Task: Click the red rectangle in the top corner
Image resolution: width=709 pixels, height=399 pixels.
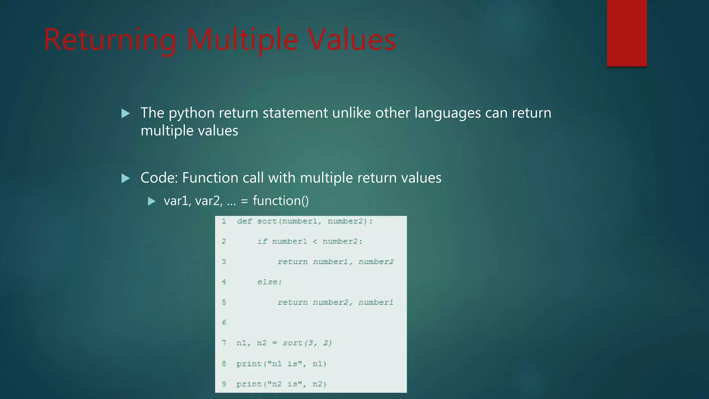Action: click(x=627, y=33)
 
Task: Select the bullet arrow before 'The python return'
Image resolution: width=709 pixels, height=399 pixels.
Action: click(x=126, y=113)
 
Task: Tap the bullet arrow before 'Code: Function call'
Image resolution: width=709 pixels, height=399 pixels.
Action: click(x=126, y=178)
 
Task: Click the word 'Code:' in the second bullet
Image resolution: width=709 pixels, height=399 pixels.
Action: click(x=159, y=178)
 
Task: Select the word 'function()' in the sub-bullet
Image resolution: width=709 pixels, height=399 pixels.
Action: click(x=280, y=201)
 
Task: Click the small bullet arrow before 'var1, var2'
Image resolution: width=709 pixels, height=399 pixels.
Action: click(x=152, y=201)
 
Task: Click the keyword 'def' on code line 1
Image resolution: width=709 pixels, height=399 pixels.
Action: click(x=244, y=221)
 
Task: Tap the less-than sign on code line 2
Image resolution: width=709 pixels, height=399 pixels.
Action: click(x=315, y=241)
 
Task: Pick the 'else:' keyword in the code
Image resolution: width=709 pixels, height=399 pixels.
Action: click(x=269, y=282)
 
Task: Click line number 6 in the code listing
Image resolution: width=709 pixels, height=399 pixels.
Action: click(x=224, y=322)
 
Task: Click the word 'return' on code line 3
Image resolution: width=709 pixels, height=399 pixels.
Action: click(x=292, y=262)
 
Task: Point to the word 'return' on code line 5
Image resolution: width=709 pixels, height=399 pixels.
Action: click(x=292, y=302)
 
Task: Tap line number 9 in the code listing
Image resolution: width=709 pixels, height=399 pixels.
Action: click(x=224, y=384)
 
